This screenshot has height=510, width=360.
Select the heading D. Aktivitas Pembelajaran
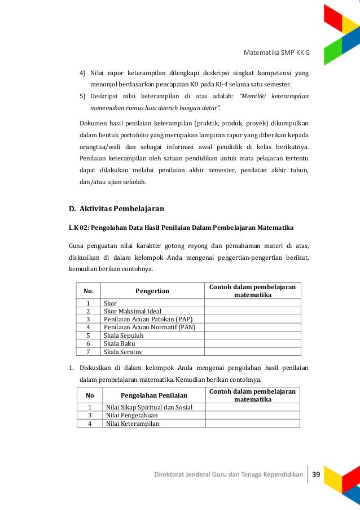click(x=116, y=208)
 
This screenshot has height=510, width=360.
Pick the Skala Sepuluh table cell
click(x=124, y=335)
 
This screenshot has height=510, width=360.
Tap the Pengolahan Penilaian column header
click(x=154, y=395)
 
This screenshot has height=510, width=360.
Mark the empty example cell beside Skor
click(x=252, y=303)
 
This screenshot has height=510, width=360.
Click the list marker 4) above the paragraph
click(x=82, y=73)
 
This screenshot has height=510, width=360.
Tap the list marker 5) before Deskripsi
click(x=82, y=96)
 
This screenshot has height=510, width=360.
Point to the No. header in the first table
click(x=89, y=291)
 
